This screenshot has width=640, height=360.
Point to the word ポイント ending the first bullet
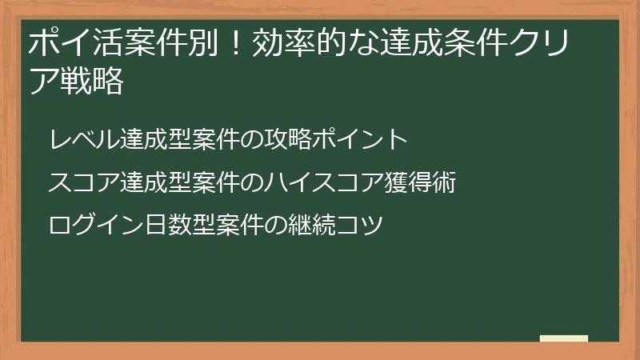(375, 139)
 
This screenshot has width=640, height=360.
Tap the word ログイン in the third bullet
(87, 224)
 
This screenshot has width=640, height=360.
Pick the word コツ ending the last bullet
(366, 224)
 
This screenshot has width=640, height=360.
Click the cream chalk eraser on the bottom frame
(564, 338)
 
